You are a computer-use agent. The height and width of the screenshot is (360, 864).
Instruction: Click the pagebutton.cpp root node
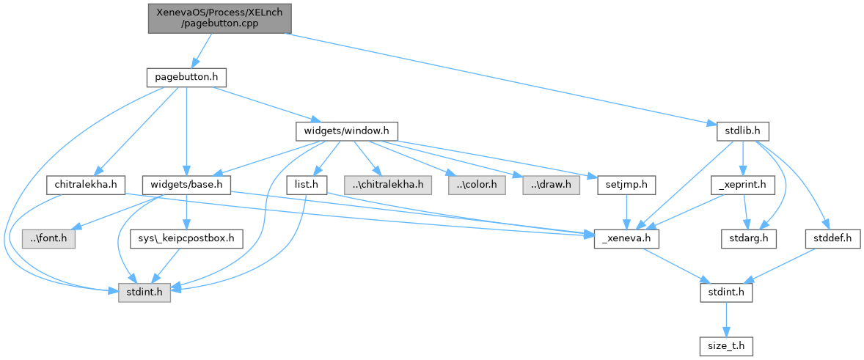click(x=219, y=17)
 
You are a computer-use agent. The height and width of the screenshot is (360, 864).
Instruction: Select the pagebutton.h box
click(x=186, y=77)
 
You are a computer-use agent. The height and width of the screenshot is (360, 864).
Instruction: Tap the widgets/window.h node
click(x=346, y=131)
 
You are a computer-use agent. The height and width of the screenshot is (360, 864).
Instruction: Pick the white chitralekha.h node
click(x=87, y=185)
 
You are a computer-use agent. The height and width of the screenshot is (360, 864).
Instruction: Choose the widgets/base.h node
click(x=186, y=185)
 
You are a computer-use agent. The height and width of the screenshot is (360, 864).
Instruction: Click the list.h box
click(x=306, y=185)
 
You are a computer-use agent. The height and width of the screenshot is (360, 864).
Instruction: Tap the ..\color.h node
click(x=476, y=185)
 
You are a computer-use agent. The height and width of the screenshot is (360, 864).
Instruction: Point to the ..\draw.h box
click(x=550, y=185)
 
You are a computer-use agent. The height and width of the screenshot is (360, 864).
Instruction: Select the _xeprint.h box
click(x=743, y=185)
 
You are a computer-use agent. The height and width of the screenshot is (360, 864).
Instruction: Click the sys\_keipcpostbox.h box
click(x=186, y=238)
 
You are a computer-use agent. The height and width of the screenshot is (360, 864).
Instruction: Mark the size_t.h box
click(x=725, y=345)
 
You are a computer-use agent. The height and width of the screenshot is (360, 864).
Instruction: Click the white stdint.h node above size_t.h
click(x=725, y=292)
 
